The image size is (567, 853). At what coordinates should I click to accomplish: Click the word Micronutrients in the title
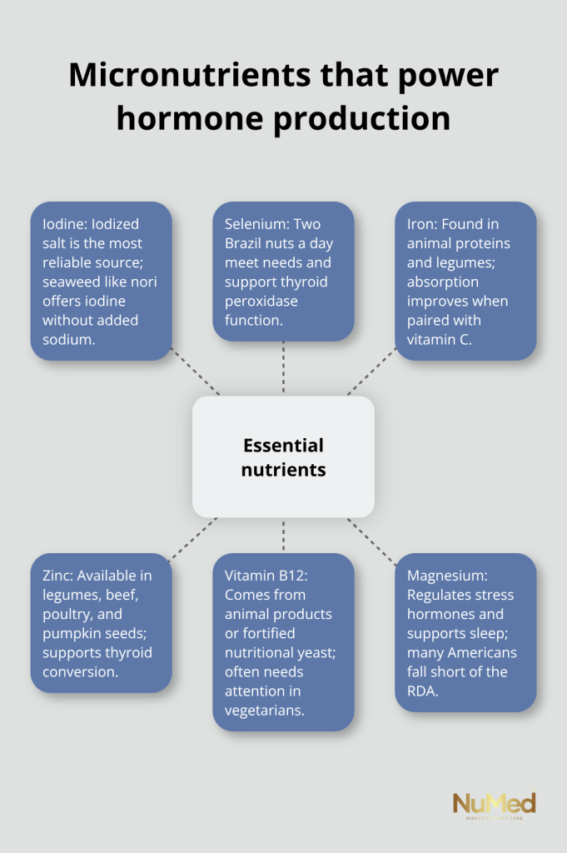191,75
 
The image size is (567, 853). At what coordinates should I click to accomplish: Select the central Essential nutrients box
283,457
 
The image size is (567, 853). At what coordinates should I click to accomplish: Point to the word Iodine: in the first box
65,224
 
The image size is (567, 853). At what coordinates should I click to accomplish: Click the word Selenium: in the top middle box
257,224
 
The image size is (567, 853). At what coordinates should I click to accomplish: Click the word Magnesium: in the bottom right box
447,576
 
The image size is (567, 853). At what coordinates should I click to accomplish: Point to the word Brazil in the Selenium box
241,243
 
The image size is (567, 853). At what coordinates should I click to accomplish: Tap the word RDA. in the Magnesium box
422,691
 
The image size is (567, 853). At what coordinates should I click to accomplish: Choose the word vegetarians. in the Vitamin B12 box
265,711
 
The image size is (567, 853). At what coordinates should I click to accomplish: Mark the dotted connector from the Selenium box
283,368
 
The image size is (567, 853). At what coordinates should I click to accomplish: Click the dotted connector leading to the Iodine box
195,372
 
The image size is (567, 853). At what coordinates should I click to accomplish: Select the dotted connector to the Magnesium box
372,542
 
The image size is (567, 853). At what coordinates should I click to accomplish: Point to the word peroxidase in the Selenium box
261,302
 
